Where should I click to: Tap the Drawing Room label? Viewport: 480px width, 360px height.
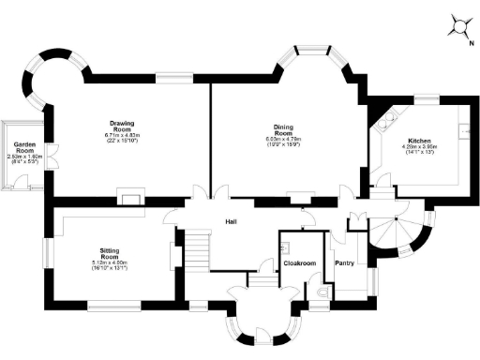(122, 126)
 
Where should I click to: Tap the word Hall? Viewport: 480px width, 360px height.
(231, 222)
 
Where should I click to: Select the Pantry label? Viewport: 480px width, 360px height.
(345, 263)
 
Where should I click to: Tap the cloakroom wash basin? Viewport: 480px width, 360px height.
(285, 248)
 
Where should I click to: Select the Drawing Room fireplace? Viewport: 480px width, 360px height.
(128, 198)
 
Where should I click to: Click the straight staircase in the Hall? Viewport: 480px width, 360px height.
(196, 250)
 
